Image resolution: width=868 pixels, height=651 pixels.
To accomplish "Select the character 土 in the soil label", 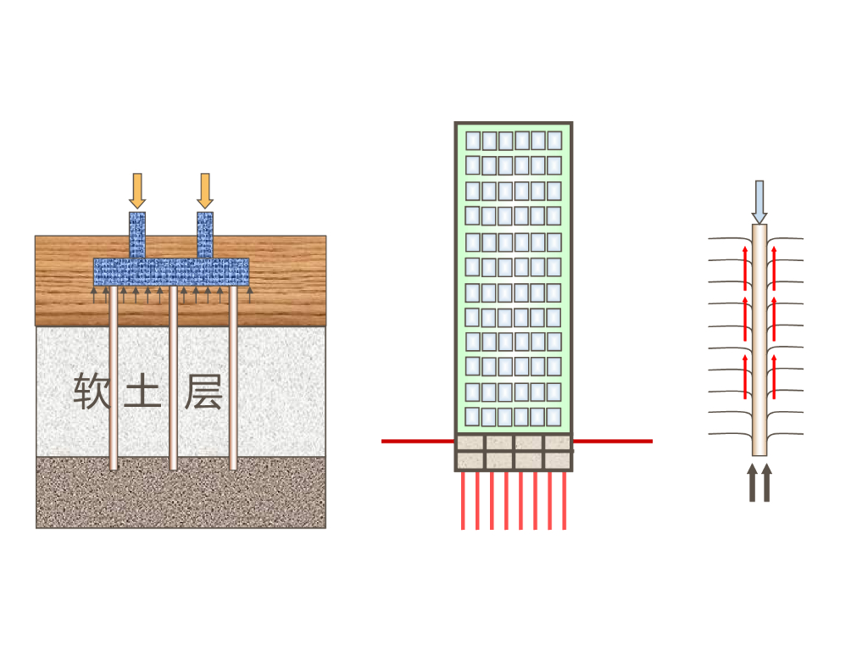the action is tap(142, 392).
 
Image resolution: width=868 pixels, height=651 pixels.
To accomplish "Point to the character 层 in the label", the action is tap(203, 391).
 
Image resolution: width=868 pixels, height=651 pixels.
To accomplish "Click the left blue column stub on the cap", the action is tap(137, 235).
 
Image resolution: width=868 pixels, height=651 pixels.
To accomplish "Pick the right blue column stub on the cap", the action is tap(204, 235).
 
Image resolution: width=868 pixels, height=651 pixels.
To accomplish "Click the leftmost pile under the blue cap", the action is tap(114, 381).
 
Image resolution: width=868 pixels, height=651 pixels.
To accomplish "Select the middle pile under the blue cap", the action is tap(173, 381).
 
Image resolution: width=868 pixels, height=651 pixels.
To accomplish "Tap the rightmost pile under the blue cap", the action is tap(233, 381).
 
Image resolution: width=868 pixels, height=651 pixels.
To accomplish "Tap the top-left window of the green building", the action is tap(473, 140).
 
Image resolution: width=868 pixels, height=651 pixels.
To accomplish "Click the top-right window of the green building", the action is tap(554, 140).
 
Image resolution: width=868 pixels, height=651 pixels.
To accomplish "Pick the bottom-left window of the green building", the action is tap(473, 417).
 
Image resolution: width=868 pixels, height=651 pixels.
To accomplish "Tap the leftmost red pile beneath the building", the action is tap(463, 500).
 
